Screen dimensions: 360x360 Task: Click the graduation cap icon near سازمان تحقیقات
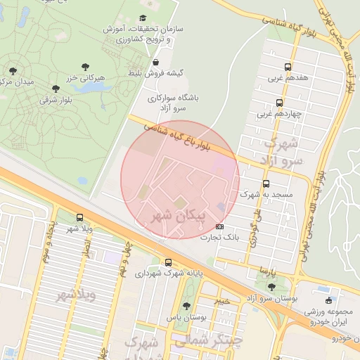tap(144, 18)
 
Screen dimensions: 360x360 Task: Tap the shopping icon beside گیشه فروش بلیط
tap(155, 62)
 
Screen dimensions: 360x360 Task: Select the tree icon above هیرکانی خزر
tap(85, 67)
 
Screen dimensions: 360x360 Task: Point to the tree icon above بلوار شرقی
tap(56, 89)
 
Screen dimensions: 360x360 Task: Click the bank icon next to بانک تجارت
tap(220, 227)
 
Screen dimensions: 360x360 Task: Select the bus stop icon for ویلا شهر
tap(79, 218)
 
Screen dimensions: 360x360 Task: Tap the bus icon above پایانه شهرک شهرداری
tap(168, 262)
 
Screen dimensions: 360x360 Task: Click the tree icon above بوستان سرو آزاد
tap(271, 287)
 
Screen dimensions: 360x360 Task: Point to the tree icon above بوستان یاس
tap(186, 306)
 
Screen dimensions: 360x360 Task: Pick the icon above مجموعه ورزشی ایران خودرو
tap(329, 300)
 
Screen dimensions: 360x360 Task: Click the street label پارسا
tap(265, 270)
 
